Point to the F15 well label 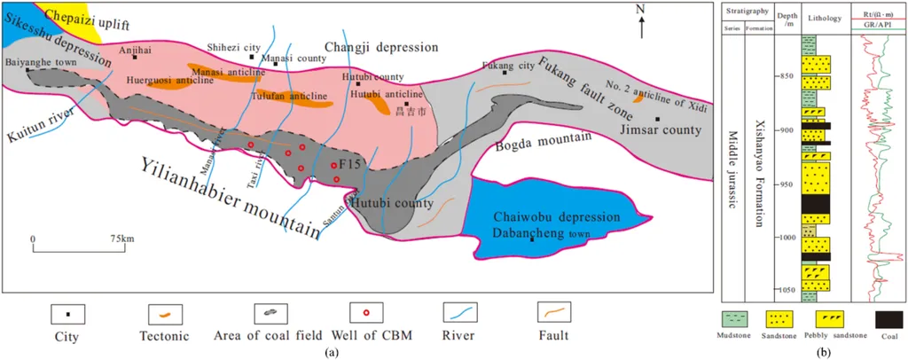[349, 164]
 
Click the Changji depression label [381, 47]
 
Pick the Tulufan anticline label [288, 95]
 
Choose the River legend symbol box [461, 313]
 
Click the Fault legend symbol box [555, 313]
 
